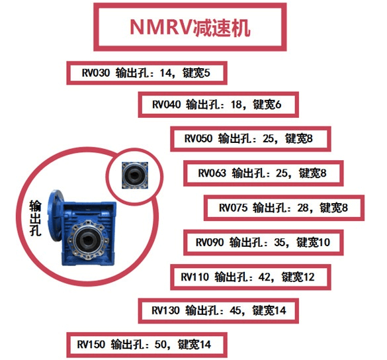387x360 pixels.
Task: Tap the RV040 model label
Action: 166,105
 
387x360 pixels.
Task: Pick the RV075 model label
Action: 232,207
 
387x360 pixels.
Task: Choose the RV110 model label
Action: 194,276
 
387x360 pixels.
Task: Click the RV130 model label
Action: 166,310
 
